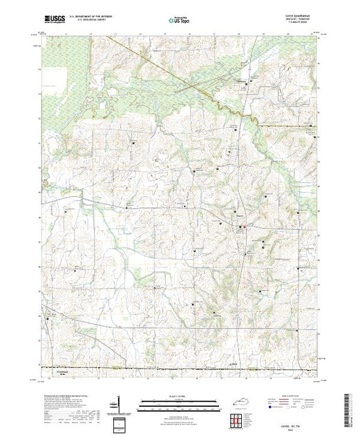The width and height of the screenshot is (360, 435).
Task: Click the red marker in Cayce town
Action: coord(243,226)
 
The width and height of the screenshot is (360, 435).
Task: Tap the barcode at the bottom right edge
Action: coord(352,407)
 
